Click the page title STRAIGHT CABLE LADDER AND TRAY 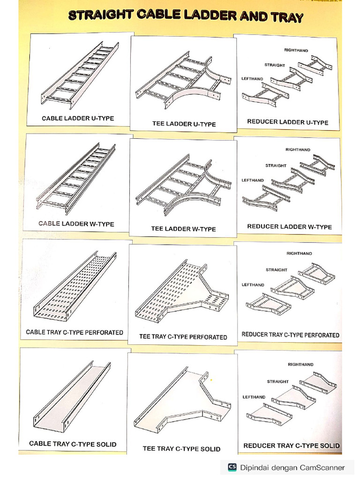pos(186,16)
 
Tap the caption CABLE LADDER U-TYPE pos(78,118)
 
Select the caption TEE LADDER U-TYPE pos(184,124)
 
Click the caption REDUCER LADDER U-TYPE pos(288,122)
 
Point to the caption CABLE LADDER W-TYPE pos(76,224)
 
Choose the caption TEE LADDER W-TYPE pos(183,229)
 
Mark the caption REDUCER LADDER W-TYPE pos(289,226)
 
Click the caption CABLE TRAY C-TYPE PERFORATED pos(75,332)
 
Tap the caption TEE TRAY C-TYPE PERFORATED pos(183,337)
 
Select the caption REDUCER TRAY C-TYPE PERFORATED pos(290,335)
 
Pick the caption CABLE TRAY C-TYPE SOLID pos(73,443)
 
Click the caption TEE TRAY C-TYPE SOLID pos(181,449)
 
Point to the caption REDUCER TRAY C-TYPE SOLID pos(292,445)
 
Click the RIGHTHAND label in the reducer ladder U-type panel pos(296,50)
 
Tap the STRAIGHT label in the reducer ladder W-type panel pos(276,165)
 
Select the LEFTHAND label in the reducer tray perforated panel pos(253,285)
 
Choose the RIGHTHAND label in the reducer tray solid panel pos(300,364)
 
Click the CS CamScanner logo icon pos(232,467)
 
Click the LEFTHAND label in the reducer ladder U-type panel pos(252,79)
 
